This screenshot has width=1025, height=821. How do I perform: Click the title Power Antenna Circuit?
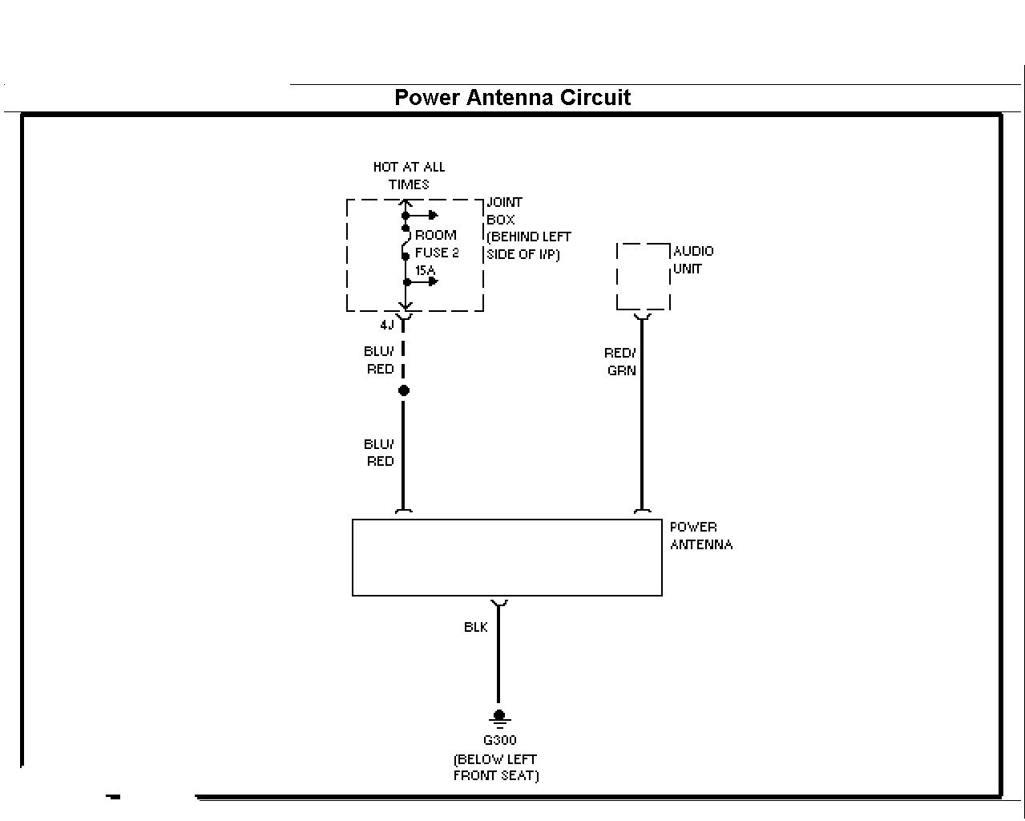click(513, 98)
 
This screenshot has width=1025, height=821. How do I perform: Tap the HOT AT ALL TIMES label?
click(410, 176)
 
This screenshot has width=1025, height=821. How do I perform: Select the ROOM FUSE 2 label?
click(437, 244)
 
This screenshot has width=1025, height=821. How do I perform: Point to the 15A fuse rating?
click(425, 270)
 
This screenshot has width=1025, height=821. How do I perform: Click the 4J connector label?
click(387, 325)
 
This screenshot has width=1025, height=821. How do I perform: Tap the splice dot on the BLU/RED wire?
click(403, 390)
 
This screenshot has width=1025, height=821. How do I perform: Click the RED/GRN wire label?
click(620, 362)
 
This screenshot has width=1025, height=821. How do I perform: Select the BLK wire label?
click(476, 627)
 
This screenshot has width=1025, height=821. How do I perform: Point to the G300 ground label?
click(499, 740)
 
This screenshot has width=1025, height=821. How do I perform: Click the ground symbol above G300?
click(499, 718)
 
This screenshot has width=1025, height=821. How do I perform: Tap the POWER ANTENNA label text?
click(701, 536)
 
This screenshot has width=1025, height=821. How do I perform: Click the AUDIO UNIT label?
click(693, 260)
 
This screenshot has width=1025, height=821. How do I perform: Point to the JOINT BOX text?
click(504, 211)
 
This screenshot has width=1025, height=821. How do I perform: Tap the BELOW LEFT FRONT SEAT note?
click(496, 767)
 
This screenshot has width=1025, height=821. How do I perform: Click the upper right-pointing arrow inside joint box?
click(421, 216)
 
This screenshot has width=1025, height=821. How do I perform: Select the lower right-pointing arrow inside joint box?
click(421, 281)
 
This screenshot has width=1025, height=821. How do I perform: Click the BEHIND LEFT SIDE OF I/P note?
click(529, 245)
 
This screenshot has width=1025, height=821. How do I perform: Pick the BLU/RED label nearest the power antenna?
click(379, 453)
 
